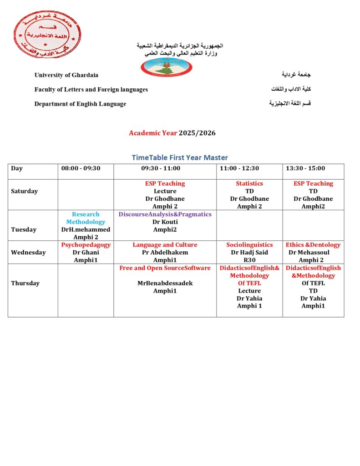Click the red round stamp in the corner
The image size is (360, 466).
(x=47, y=34)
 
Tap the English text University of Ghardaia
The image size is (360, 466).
(x=66, y=75)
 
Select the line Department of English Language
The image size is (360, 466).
(x=80, y=104)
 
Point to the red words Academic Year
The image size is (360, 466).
(x=153, y=133)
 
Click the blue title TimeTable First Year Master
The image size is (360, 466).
(x=180, y=157)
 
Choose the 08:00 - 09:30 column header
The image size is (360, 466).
(x=81, y=168)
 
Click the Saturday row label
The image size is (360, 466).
(x=25, y=191)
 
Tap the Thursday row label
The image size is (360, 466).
(x=25, y=283)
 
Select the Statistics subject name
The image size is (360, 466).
(x=249, y=183)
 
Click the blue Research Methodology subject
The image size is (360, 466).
(x=86, y=218)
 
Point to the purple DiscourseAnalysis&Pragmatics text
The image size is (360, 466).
(x=165, y=214)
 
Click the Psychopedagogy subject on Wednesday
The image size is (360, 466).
(x=86, y=245)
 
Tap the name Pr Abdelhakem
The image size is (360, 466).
(x=165, y=253)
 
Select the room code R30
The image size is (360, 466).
(x=249, y=260)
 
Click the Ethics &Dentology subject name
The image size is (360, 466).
(x=313, y=245)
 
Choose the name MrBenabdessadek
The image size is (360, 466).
(x=165, y=283)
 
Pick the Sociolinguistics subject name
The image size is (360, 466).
(x=249, y=245)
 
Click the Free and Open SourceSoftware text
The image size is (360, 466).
(x=165, y=268)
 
